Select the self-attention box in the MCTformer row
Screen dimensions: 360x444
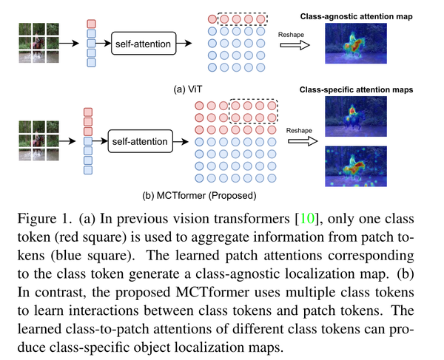pos(140,138)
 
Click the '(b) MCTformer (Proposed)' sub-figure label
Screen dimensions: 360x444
pos(198,197)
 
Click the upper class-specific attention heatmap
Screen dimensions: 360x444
pos(349,120)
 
